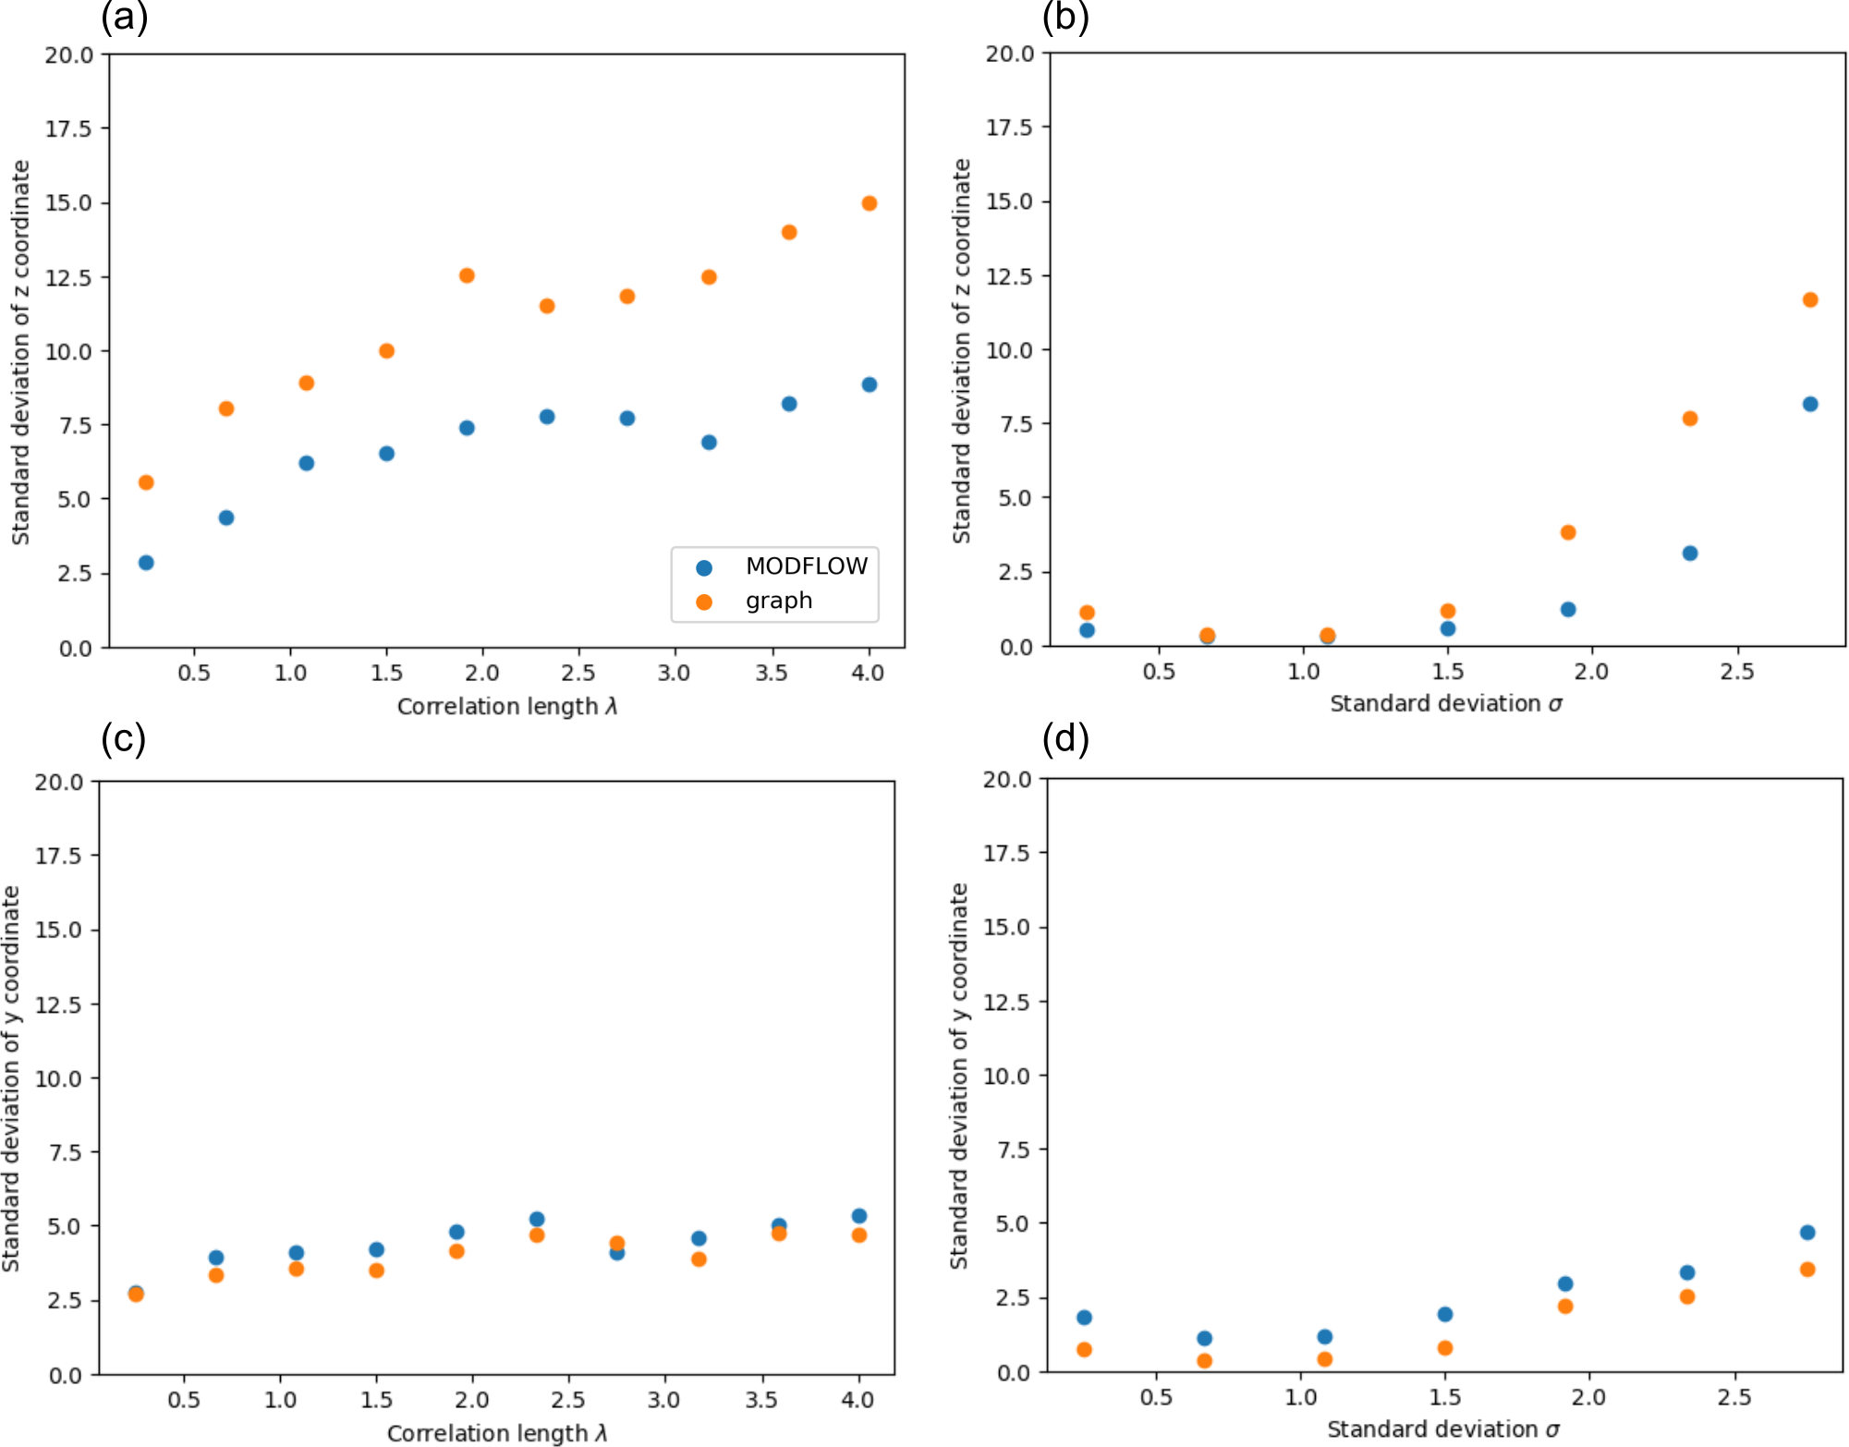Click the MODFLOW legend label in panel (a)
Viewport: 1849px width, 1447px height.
(806, 566)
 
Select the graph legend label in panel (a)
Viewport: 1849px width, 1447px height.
(779, 601)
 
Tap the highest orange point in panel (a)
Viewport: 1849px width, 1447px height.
(869, 203)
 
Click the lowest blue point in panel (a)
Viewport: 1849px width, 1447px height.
(146, 563)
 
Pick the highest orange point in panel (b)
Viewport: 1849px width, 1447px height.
(1810, 299)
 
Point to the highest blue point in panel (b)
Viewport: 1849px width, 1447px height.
(1810, 404)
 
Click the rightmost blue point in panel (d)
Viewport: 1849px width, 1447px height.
(1807, 1233)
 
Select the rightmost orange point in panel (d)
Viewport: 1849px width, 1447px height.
(1807, 1270)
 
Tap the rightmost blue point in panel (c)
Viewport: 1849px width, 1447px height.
(859, 1216)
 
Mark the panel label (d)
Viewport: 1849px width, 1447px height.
(1065, 739)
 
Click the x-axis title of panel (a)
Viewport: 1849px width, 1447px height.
(507, 707)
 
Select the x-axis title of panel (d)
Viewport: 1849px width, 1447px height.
(1443, 1429)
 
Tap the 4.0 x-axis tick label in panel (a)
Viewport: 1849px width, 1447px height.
(868, 673)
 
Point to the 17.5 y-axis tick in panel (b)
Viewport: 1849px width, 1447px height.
(1009, 128)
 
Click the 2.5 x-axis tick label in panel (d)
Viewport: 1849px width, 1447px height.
(1734, 1397)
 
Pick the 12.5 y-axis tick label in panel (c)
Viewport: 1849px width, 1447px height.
(59, 1004)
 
